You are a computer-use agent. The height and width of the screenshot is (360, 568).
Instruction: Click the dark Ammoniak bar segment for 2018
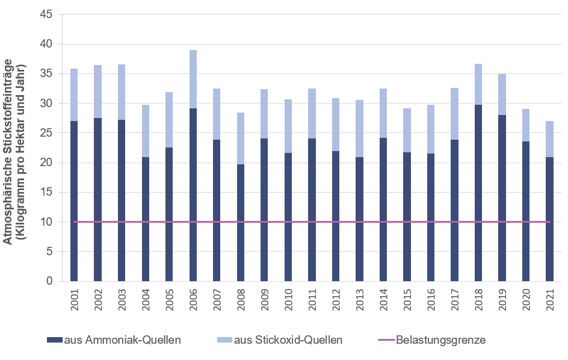478,193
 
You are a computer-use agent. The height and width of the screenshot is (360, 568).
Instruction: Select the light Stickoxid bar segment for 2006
193,79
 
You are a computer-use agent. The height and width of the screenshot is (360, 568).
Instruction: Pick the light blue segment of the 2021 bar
549,139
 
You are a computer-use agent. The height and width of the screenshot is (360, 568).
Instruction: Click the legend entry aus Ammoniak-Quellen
114,340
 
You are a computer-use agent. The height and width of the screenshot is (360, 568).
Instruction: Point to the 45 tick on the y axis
47,14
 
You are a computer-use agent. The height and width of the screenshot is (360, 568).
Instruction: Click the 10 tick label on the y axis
47,222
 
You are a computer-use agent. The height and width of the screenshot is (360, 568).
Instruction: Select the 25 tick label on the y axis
47,133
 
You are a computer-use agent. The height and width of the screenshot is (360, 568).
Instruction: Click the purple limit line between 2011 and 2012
324,222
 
